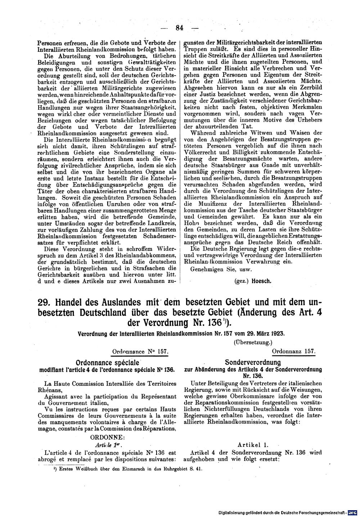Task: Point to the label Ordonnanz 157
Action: coord(294,351)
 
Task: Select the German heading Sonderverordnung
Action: coord(253,362)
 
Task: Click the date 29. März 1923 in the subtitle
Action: coord(265,333)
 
